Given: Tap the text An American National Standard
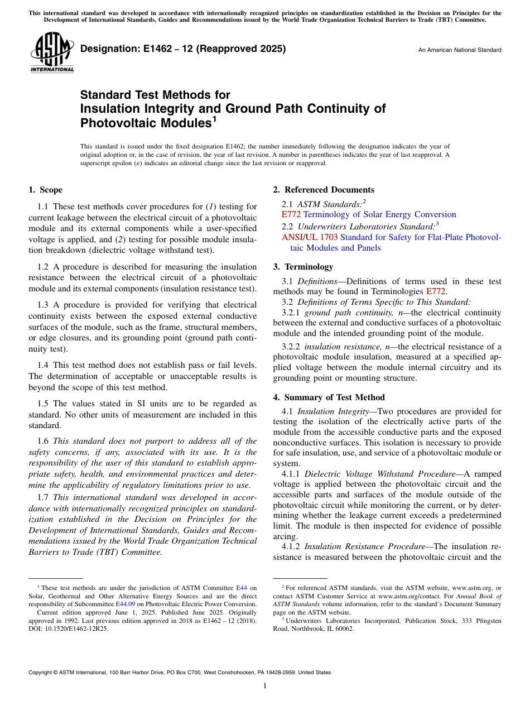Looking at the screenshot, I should pyautogui.click(x=460, y=50).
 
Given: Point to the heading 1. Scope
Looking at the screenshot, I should pyautogui.click(x=45, y=190).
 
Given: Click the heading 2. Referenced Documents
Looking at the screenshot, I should pyautogui.click(x=324, y=190).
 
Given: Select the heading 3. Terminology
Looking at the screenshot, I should pyautogui.click(x=303, y=267).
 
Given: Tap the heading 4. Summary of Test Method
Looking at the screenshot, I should pyautogui.click(x=329, y=397).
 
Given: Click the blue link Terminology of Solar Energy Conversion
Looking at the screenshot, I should pyautogui.click(x=379, y=214).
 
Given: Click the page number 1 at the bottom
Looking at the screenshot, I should pyautogui.click(x=265, y=686).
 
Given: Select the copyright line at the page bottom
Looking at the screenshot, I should pyautogui.click(x=180, y=673).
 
